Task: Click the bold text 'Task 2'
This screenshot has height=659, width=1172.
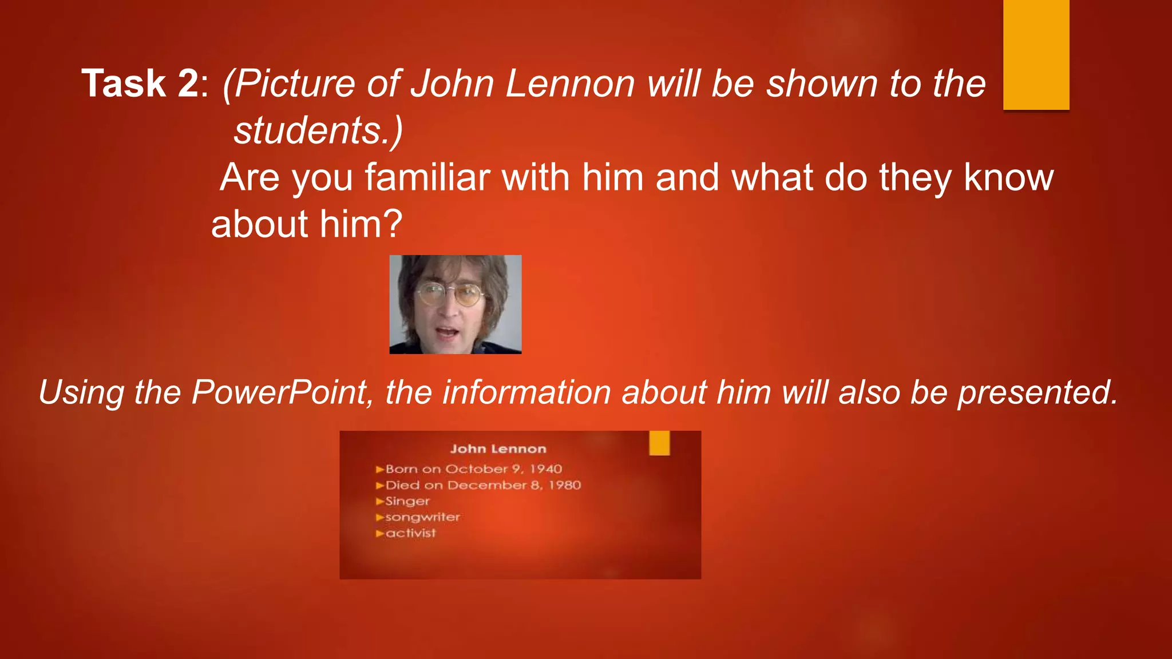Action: (140, 84)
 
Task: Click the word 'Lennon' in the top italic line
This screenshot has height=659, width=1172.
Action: (570, 84)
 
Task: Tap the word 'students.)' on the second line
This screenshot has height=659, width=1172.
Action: (318, 130)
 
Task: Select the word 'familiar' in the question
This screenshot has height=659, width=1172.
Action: (427, 177)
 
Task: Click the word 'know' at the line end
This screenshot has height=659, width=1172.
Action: (1008, 177)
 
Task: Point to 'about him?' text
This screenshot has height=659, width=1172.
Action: (307, 224)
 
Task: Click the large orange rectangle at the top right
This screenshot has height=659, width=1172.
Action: (1036, 54)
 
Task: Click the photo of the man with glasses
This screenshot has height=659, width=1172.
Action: (455, 304)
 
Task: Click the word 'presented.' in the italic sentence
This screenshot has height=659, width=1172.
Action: (1038, 392)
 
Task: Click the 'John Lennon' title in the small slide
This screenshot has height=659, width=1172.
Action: (498, 449)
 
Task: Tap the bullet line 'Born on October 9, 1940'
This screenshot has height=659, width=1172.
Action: (473, 469)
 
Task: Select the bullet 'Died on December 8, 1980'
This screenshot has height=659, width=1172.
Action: (483, 485)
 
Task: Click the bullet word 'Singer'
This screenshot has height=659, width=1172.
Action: (407, 501)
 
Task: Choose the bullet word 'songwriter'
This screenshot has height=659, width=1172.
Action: (422, 517)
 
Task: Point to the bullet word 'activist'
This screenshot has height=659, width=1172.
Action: (410, 533)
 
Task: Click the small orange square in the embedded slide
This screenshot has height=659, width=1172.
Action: (659, 443)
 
